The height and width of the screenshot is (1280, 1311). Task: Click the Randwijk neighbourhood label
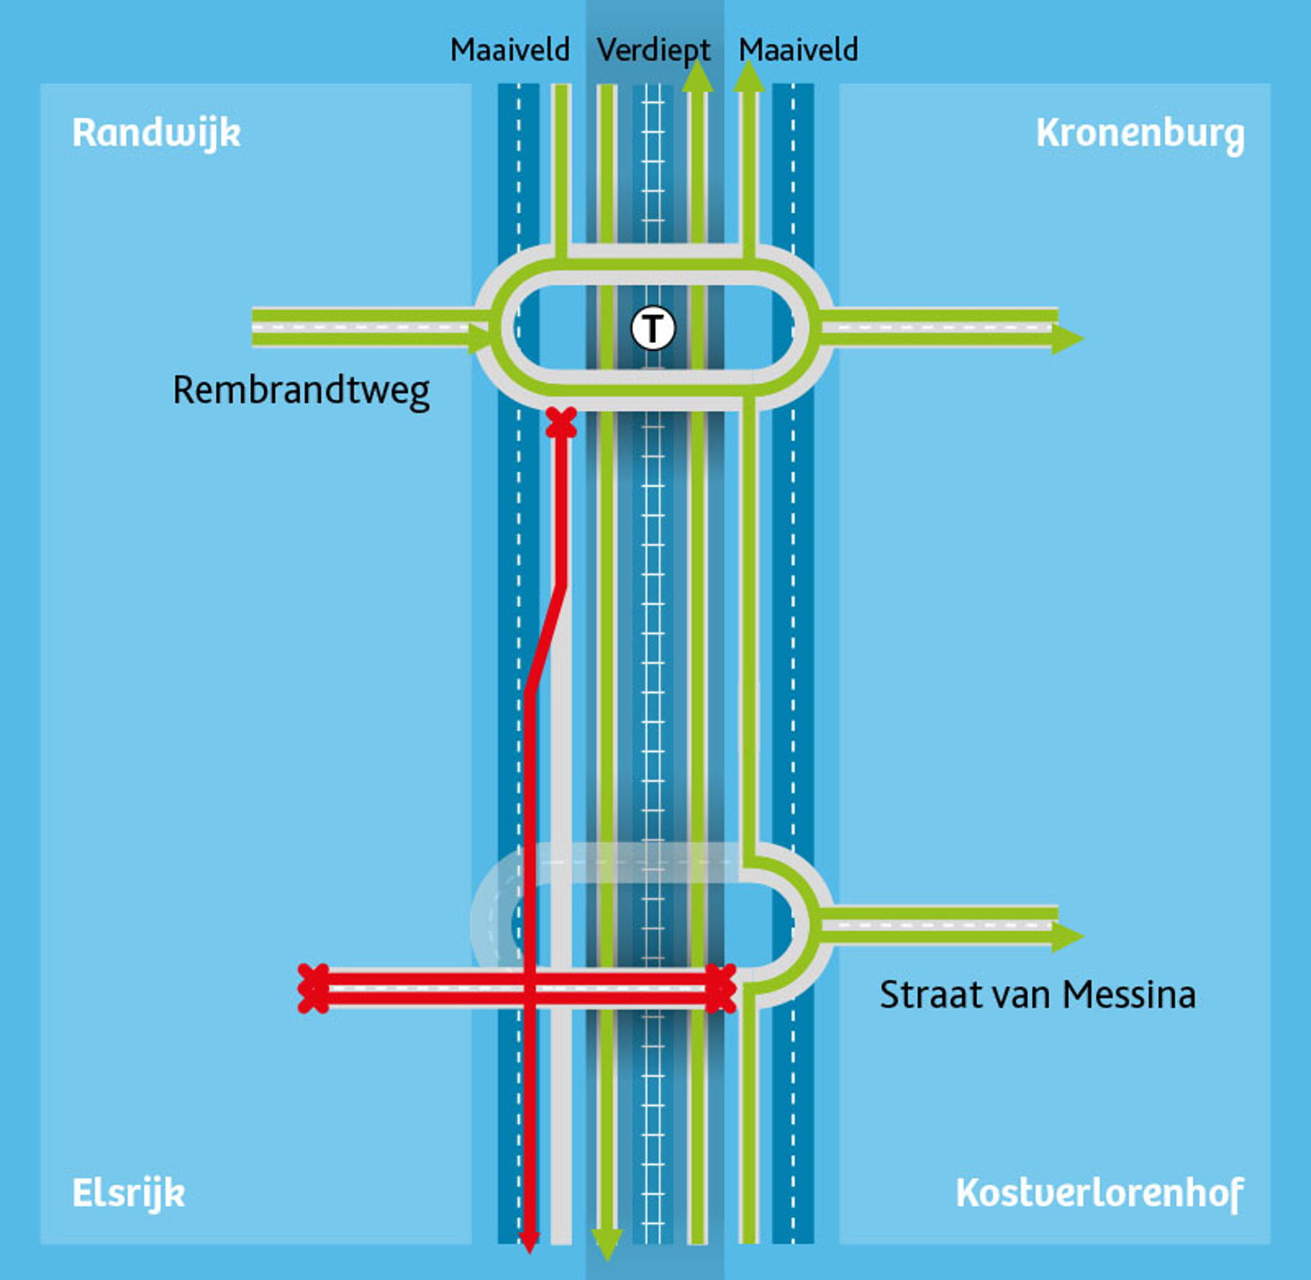click(x=157, y=133)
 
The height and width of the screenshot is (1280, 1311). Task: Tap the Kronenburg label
click(x=1140, y=135)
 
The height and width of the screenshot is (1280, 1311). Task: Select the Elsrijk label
click(x=129, y=1193)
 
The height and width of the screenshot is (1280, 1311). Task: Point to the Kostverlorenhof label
click(x=1099, y=1193)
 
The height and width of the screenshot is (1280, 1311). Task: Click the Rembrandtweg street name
click(x=301, y=390)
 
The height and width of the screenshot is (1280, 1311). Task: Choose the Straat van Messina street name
click(x=1037, y=995)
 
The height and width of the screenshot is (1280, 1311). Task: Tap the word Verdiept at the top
click(x=653, y=51)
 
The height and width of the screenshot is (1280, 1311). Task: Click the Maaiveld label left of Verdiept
click(x=510, y=50)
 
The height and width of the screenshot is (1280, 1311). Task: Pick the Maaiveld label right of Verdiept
click(x=798, y=50)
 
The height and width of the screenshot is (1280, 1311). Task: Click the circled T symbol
click(x=653, y=328)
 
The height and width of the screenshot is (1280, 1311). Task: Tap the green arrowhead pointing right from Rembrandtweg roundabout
click(x=1068, y=338)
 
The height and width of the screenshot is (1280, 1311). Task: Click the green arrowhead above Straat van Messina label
click(x=1068, y=935)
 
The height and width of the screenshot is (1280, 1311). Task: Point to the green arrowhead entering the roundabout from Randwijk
click(x=480, y=338)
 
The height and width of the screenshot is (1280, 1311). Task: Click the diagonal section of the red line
click(x=546, y=640)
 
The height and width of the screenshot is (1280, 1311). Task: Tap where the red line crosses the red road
click(x=529, y=989)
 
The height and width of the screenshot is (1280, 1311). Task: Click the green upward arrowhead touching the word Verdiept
click(x=698, y=76)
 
